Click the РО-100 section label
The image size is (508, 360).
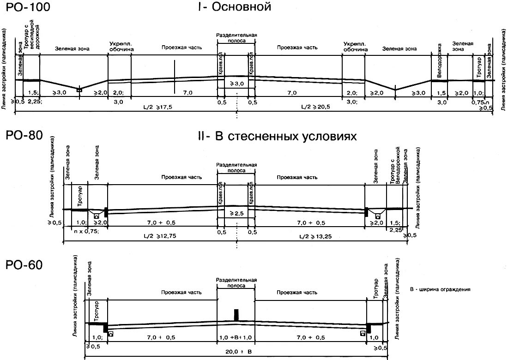27,8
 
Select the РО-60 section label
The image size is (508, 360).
24,265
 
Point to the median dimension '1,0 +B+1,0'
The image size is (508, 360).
236,338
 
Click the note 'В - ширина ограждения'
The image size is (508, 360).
440,290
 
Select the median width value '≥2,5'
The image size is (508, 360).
236,214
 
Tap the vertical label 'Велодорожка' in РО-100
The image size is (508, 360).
440,54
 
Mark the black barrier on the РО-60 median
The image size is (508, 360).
236,314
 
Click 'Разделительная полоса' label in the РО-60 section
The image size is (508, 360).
236,283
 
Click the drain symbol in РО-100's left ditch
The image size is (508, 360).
79,90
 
